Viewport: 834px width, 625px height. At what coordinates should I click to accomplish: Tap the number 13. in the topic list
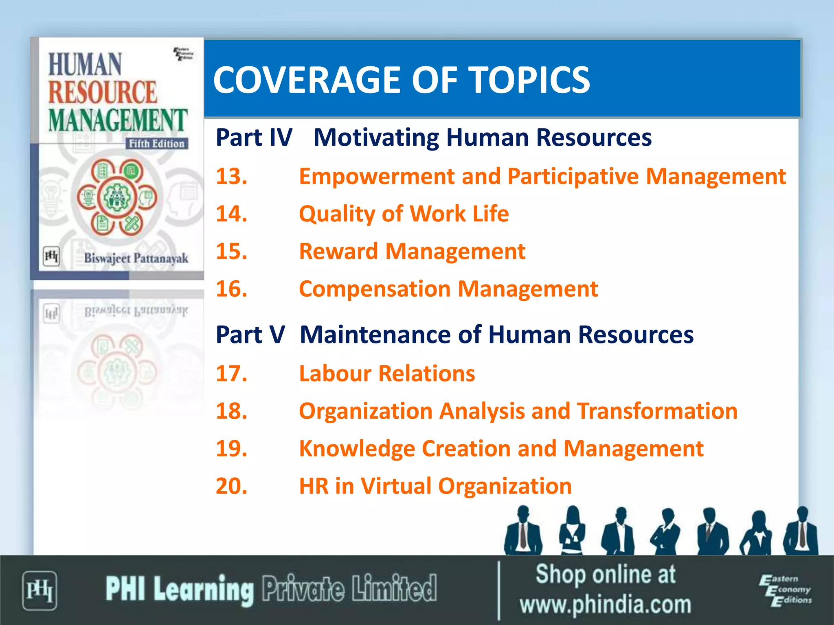(x=231, y=177)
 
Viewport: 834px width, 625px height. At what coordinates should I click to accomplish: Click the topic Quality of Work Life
(x=404, y=214)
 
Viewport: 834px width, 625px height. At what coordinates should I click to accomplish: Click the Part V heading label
(x=250, y=334)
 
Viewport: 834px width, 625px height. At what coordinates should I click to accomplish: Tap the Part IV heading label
(x=254, y=138)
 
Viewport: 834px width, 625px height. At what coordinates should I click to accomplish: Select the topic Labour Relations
(x=387, y=374)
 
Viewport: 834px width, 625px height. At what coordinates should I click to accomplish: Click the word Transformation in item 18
(x=657, y=411)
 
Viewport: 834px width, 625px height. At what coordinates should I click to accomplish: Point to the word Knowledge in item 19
(x=357, y=448)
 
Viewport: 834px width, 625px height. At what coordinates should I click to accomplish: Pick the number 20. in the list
(x=231, y=486)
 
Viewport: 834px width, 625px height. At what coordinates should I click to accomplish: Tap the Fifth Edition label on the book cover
(x=156, y=144)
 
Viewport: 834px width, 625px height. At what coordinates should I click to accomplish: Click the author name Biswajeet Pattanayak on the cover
(x=136, y=258)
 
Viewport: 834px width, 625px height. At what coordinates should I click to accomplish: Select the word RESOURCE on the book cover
(x=103, y=92)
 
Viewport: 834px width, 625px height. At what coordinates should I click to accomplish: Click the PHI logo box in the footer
(x=39, y=590)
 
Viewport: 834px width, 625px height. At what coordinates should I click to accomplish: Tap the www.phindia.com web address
(x=605, y=605)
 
